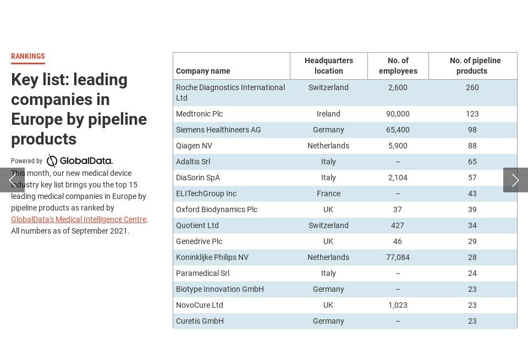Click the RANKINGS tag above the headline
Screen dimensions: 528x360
28,57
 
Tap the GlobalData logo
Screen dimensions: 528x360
80,161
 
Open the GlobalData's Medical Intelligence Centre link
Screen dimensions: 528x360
79,219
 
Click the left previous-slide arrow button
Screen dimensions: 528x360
12,180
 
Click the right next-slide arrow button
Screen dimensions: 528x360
515,180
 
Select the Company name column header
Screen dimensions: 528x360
203,71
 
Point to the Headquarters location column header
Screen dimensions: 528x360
328,66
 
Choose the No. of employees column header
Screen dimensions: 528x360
398,66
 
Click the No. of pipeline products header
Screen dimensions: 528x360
472,66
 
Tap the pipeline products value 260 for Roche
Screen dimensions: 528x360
472,87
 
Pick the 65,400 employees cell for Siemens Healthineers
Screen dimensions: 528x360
398,130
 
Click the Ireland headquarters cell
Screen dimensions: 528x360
328,114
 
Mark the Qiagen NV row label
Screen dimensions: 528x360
194,146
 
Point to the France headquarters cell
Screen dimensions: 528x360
328,193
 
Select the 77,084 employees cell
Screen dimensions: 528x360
398,257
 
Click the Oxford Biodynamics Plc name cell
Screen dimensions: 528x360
216,209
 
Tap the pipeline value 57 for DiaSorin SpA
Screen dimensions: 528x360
472,178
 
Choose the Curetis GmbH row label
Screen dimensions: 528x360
200,321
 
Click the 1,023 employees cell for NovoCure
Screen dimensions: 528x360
398,305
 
